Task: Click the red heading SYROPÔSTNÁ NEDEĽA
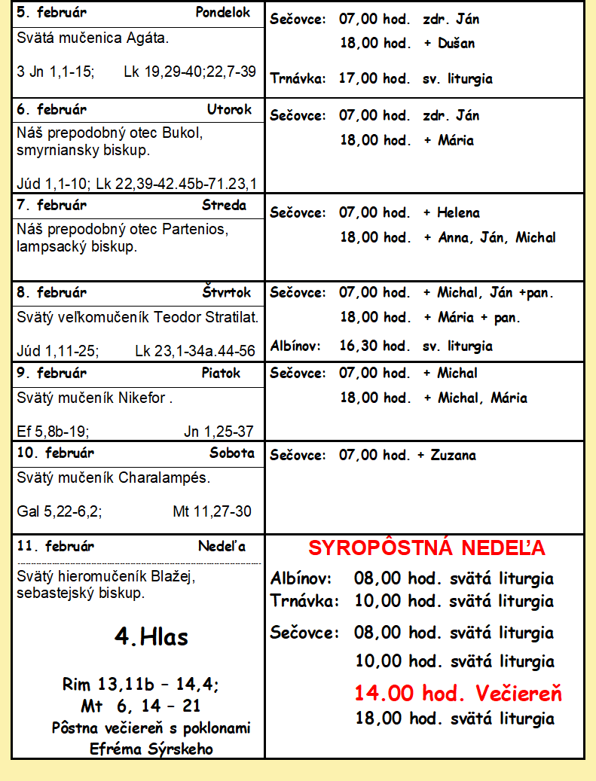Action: click(426, 548)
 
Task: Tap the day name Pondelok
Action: click(222, 13)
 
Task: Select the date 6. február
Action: click(51, 109)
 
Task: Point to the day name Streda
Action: click(224, 206)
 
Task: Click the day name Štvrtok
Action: click(227, 292)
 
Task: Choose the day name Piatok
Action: click(221, 373)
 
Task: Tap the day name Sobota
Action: click(232, 453)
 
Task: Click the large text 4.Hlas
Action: click(151, 637)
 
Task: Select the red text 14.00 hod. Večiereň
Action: click(458, 694)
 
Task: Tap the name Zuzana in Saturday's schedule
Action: click(454, 456)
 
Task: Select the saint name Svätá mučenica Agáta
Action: click(93, 38)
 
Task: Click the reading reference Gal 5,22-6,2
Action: click(60, 511)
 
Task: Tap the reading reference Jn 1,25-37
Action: click(219, 432)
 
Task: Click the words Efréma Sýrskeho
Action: click(151, 749)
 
